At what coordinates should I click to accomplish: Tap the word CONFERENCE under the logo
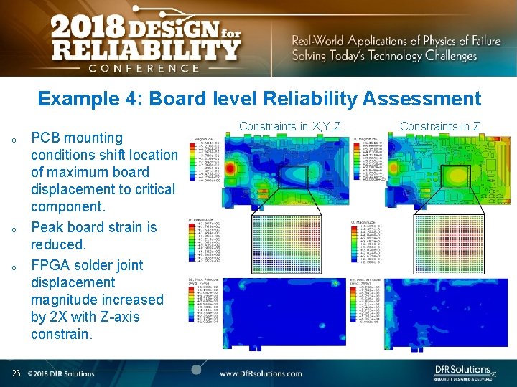click(144, 68)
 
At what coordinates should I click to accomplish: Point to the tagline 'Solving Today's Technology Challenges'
click(384, 56)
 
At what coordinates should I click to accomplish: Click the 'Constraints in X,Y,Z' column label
click(289, 126)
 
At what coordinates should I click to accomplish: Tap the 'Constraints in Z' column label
click(439, 126)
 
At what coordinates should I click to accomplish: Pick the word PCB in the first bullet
click(46, 138)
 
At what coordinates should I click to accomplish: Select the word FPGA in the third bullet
click(52, 265)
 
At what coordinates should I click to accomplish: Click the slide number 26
click(16, 373)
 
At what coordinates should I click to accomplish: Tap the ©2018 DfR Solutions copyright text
click(61, 373)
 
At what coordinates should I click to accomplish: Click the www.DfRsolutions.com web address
click(261, 373)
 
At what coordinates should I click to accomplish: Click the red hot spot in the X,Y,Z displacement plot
click(231, 167)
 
